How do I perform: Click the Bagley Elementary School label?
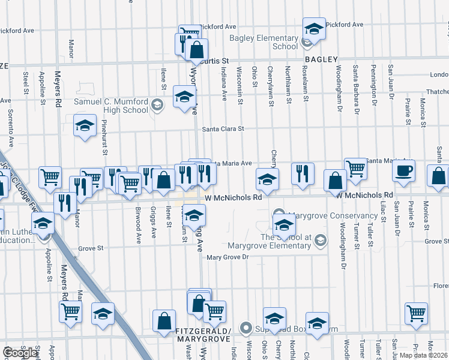coord(264,42)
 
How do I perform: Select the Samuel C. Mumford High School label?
coord(111,106)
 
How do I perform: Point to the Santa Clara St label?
coord(223,128)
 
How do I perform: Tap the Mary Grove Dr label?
coord(228,257)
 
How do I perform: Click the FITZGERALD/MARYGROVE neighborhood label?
coord(203,335)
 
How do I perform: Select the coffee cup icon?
coord(403,170)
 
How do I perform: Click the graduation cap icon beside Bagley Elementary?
coord(313,28)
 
